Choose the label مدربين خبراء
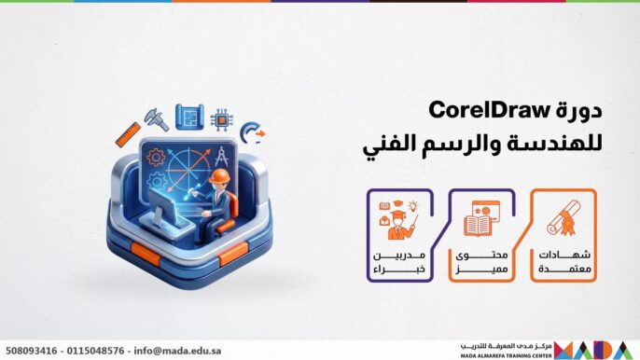coord(396,263)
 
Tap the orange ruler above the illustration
coord(128,134)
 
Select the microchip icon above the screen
coord(222,118)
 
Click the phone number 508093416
coord(33,351)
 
